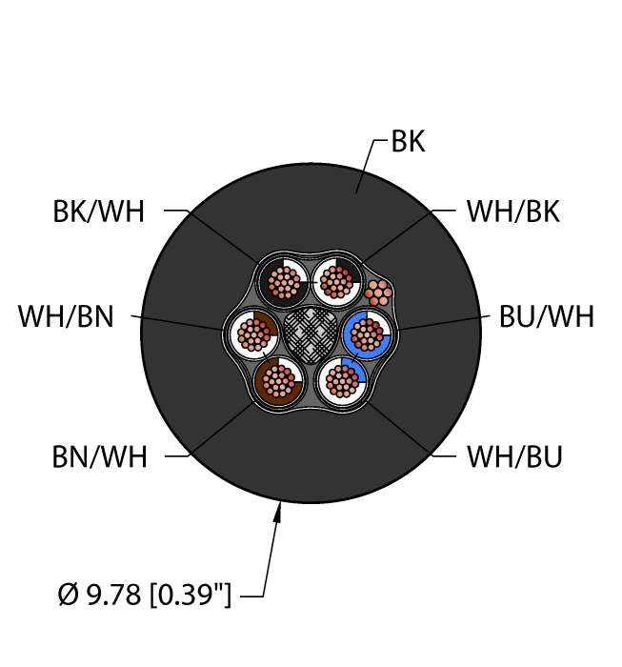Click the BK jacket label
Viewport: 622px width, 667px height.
pyautogui.click(x=409, y=143)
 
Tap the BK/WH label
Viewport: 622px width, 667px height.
pyautogui.click(x=99, y=212)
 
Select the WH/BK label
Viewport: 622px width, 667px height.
pyautogui.click(x=512, y=212)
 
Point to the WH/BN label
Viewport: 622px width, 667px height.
pyautogui.click(x=66, y=316)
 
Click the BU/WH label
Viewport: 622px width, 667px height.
pyautogui.click(x=546, y=316)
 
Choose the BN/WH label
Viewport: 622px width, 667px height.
pyautogui.click(x=100, y=457)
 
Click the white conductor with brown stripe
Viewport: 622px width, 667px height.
pyautogui.click(x=253, y=333)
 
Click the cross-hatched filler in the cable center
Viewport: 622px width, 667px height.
pyautogui.click(x=310, y=332)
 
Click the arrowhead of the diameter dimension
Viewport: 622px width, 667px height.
pyautogui.click(x=280, y=515)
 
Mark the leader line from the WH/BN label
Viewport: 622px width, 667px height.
pyautogui.click(x=181, y=321)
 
